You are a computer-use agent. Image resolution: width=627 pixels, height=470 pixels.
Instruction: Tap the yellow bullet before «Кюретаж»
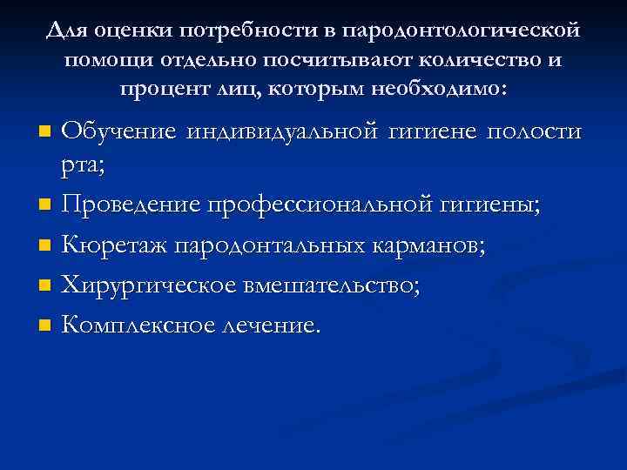(x=46, y=247)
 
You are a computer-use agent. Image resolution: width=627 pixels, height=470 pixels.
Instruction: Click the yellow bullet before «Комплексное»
(x=46, y=326)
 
